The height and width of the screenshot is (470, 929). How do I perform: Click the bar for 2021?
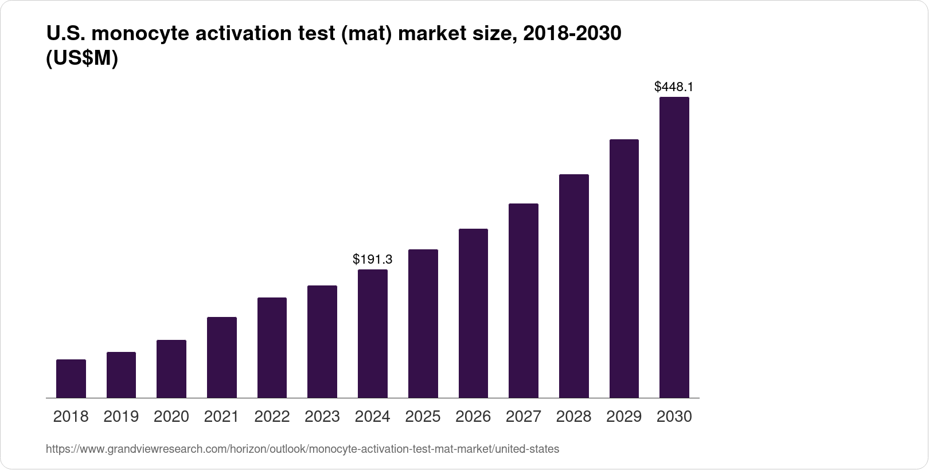point(222,357)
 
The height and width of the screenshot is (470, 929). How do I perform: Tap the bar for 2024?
point(373,334)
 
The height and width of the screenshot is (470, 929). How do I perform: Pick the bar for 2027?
point(523,300)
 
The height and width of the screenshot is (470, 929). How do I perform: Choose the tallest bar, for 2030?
point(674,248)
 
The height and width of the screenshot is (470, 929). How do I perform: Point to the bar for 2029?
point(624,268)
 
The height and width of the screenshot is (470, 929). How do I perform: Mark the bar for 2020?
point(171,369)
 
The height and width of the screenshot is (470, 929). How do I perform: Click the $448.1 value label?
point(674,87)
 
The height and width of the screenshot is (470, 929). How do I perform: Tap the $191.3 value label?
point(373,260)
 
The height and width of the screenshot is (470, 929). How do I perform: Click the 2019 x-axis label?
point(121,417)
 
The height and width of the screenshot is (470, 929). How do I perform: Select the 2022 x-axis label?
point(272,417)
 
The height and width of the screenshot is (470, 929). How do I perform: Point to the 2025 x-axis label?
point(423,417)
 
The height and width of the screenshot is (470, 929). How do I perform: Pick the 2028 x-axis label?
point(573,417)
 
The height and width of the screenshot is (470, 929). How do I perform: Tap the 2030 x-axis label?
point(674,417)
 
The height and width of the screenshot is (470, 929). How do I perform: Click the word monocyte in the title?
point(140,34)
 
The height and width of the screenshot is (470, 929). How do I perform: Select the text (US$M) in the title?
point(81,58)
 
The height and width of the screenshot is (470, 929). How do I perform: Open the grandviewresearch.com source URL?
point(302,449)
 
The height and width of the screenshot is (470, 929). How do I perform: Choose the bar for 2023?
point(322,342)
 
